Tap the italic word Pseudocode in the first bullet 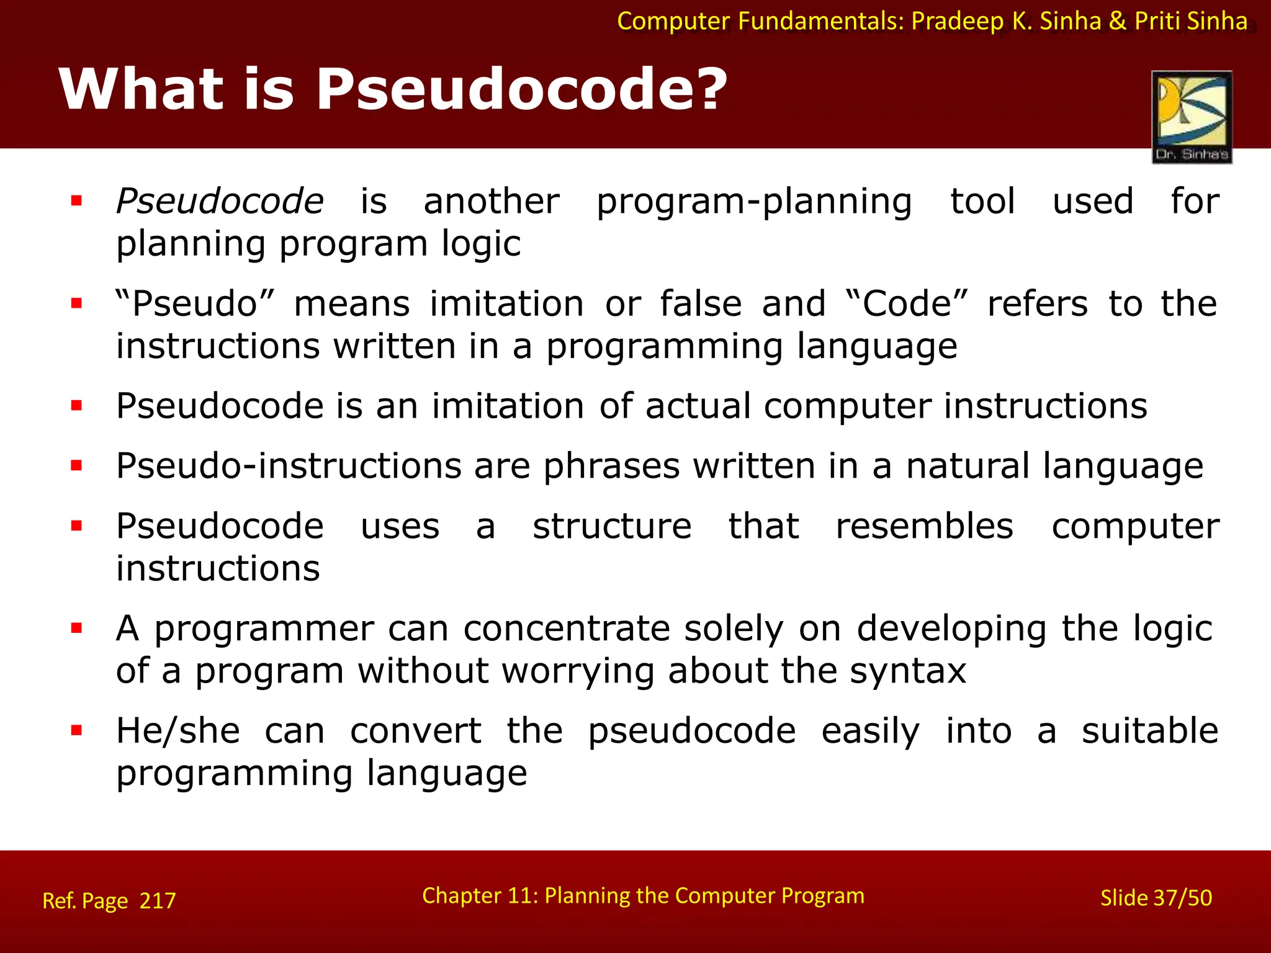(220, 201)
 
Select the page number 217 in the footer (158, 900)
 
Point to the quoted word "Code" (907, 304)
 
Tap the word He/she (178, 731)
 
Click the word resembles (924, 526)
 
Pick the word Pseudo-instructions (289, 466)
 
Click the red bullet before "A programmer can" (76, 629)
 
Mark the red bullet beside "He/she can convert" (76, 730)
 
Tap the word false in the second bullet (701, 304)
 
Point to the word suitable (1150, 731)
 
